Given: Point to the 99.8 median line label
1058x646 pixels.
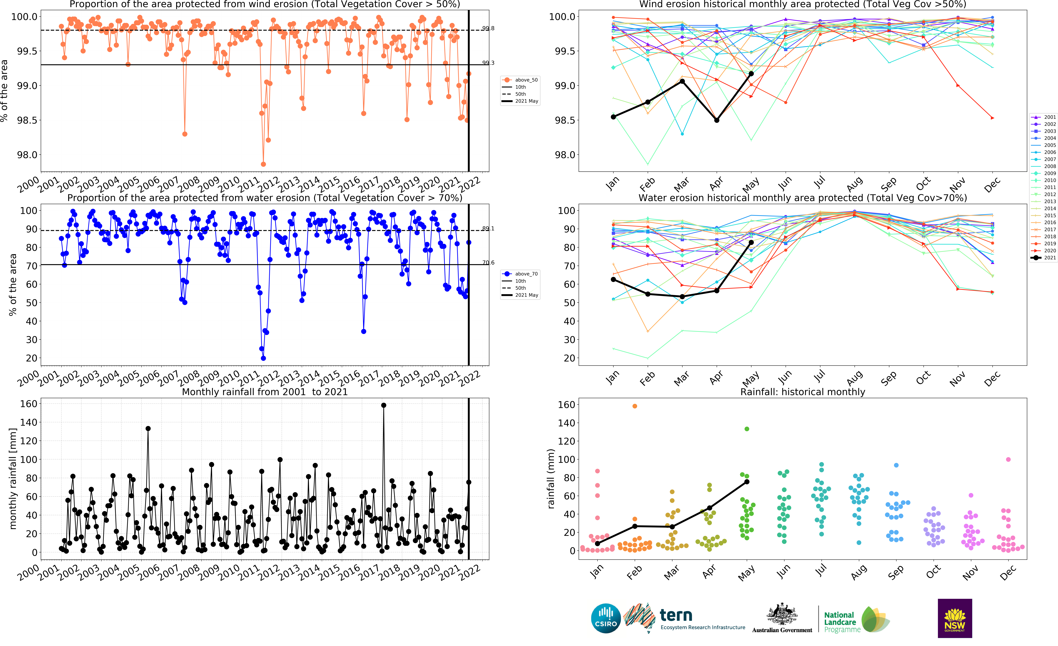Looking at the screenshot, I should [488, 28].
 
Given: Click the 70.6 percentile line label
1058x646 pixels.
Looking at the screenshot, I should [488, 262].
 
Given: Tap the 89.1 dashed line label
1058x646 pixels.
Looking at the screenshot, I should [488, 229].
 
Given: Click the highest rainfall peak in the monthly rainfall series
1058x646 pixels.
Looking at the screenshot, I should [383, 405].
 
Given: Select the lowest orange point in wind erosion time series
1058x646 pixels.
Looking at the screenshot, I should [263, 164].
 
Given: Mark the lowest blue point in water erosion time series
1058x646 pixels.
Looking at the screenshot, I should [263, 358].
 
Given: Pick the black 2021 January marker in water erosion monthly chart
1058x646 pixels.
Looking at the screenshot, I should [613, 280].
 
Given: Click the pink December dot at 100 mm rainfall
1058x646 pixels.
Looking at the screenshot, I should [1008, 459].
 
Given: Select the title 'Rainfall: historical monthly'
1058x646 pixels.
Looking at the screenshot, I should [802, 392].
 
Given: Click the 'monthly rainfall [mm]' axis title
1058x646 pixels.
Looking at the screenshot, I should [13, 478].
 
